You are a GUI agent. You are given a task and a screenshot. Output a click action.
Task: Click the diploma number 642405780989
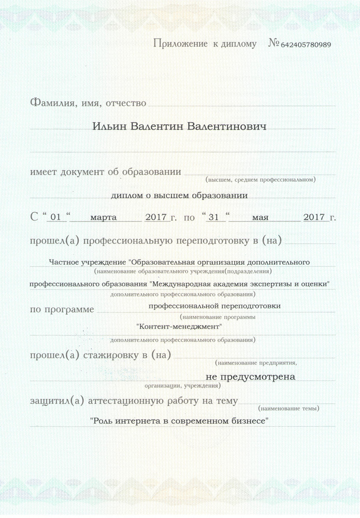[306, 45]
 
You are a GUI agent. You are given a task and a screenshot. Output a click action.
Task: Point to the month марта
[104, 218]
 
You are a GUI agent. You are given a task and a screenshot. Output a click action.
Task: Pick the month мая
[260, 218]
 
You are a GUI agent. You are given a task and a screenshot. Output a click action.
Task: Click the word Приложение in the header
[181, 44]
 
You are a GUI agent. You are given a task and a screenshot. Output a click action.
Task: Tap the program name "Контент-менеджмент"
[179, 327]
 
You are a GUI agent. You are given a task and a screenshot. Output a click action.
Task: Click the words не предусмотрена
[250, 377]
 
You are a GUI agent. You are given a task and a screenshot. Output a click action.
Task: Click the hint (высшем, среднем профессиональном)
[261, 180]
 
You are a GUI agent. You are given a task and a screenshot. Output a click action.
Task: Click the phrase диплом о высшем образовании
[179, 195]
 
